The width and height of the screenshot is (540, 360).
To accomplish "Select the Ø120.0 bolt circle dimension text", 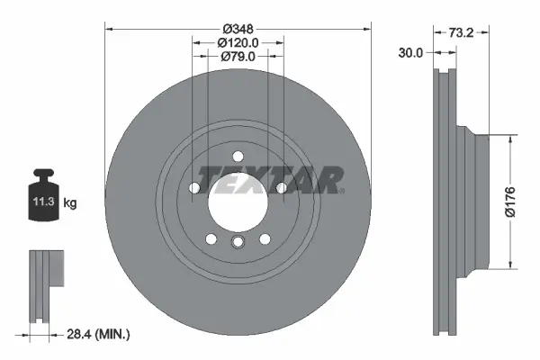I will (238, 41).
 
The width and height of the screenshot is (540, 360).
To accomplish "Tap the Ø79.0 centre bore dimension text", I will (238, 56).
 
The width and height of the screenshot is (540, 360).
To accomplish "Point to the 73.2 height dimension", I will (460, 31).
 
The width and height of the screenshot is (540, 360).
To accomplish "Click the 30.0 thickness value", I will (410, 53).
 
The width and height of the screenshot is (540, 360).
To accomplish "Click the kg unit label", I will (71, 204).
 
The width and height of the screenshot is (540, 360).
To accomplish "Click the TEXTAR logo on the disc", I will (269, 180).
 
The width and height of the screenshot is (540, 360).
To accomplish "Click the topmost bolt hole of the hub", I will (238, 157).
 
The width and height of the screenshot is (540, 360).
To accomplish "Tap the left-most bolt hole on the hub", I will (194, 187).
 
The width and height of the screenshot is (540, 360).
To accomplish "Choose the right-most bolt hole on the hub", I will (281, 187).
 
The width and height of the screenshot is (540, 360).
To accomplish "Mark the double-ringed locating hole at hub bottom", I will (238, 243).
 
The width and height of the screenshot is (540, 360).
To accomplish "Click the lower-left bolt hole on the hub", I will (211, 238).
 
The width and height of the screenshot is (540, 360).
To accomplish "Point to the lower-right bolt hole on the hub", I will (265, 238).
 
